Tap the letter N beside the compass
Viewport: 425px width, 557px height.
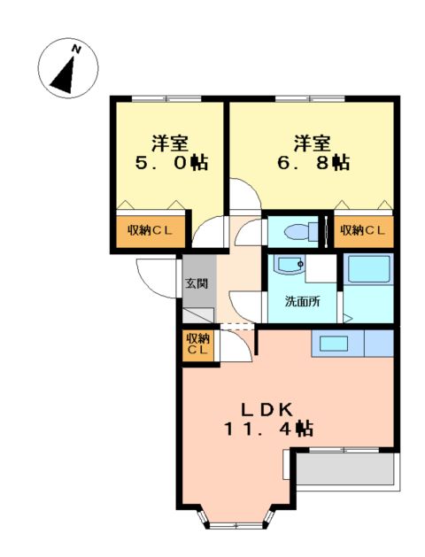click(x=78, y=50)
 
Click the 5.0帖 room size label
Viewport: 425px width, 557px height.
click(x=172, y=164)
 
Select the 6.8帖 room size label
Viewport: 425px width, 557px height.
click(x=313, y=164)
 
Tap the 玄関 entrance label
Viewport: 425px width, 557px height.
click(x=196, y=284)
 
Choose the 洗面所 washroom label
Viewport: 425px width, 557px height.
click(x=302, y=301)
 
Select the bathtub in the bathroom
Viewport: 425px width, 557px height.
click(x=368, y=277)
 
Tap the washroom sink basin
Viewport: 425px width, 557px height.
click(x=290, y=265)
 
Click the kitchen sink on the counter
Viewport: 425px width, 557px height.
click(x=335, y=344)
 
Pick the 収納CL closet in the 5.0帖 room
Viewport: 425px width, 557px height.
click(x=149, y=231)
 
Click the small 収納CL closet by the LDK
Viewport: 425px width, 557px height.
click(x=197, y=345)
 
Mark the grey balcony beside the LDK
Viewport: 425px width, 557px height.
click(x=346, y=468)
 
